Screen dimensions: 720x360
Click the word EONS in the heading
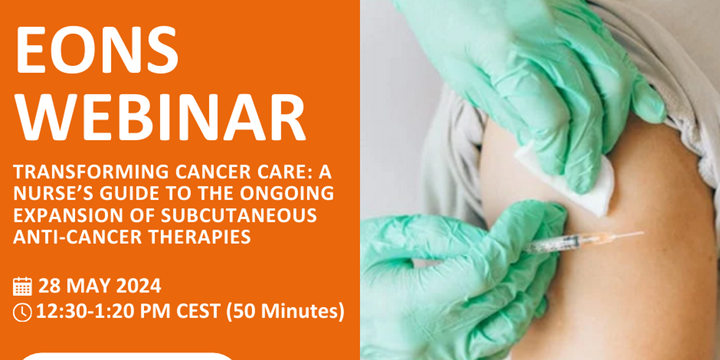point(97,50)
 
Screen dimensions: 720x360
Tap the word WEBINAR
point(160,118)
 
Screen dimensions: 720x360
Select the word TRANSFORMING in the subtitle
point(91,172)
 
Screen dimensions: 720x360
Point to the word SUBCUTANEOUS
point(239,215)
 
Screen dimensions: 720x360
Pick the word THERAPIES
point(200,237)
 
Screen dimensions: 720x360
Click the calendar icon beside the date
point(23,286)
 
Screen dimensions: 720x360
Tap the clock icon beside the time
point(22,312)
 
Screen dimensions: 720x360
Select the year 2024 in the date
point(139,286)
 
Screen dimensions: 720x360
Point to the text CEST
point(198,311)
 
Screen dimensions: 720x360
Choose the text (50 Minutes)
point(286,312)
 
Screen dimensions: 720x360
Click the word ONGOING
point(287,193)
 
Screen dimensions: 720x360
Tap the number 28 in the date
point(49,286)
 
